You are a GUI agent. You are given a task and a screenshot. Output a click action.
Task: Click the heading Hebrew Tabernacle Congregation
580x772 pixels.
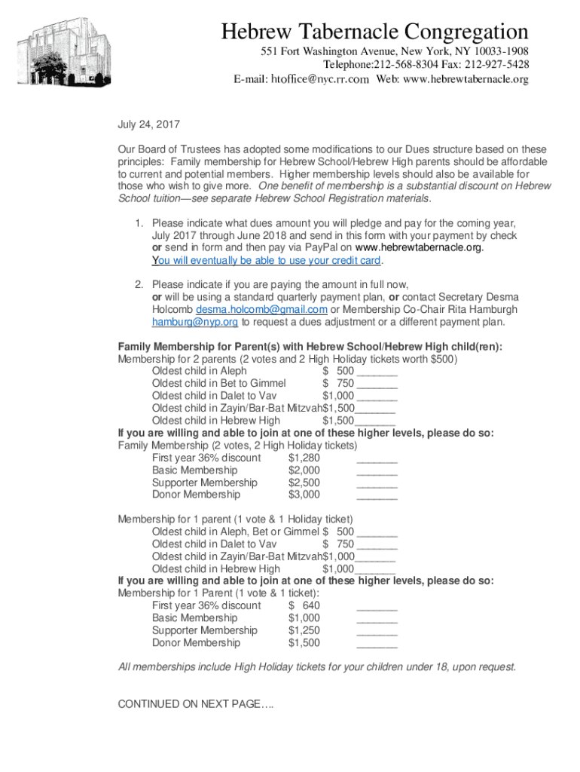pos(374,32)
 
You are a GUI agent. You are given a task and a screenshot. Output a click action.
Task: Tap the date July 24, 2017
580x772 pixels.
pos(148,125)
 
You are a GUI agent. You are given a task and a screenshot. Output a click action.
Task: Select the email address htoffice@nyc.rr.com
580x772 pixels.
pos(319,79)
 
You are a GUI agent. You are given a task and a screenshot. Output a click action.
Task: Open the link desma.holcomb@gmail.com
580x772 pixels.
pos(261,310)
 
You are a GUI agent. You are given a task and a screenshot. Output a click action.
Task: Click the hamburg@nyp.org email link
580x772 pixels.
pos(195,322)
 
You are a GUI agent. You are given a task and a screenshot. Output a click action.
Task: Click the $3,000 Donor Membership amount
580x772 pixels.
pos(304,495)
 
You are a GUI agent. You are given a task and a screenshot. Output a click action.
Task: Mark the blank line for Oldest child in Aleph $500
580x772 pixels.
pos(377,371)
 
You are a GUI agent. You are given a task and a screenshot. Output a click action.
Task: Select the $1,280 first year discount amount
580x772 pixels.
pos(304,458)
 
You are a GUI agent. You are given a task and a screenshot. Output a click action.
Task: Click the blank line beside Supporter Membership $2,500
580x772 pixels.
pos(377,482)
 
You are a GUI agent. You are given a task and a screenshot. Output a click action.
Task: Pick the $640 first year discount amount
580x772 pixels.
pos(304,605)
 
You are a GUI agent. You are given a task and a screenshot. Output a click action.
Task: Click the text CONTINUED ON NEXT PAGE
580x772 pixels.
pos(196,704)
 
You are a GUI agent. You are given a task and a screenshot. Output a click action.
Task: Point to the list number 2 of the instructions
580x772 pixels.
pos(139,285)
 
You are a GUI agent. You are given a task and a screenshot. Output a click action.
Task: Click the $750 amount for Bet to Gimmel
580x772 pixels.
pos(338,383)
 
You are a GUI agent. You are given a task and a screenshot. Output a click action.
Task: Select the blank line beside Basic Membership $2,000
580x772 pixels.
pos(377,470)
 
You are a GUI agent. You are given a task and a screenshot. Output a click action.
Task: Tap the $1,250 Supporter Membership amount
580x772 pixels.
pos(304,630)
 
